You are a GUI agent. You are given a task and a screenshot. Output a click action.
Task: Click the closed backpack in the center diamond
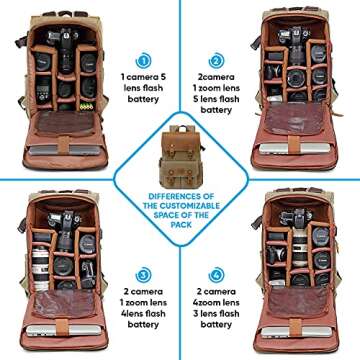(x=180, y=150)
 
